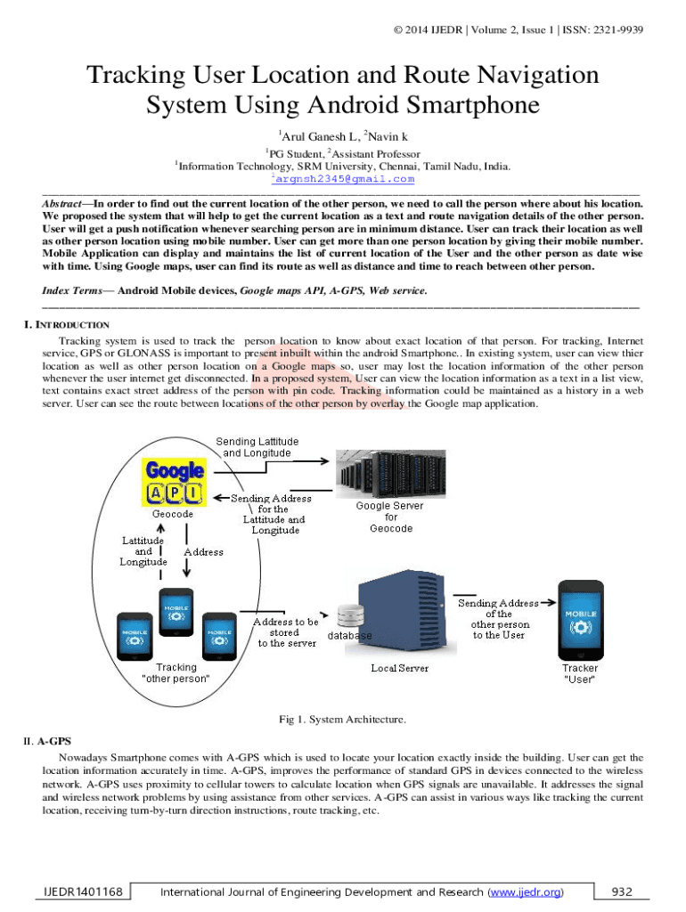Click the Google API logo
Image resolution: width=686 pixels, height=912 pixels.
tap(176, 481)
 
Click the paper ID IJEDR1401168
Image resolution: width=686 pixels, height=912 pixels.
tap(80, 892)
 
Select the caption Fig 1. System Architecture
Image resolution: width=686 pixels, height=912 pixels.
tap(343, 719)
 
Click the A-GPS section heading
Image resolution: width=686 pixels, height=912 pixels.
tap(53, 740)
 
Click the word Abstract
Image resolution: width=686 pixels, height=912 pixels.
tap(62, 203)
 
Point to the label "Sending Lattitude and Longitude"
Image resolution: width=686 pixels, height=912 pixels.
tap(258, 447)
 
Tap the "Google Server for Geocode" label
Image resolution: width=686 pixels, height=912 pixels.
tap(390, 517)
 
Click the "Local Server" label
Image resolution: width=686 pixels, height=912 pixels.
tap(398, 668)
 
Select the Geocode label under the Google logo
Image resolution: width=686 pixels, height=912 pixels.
tap(173, 514)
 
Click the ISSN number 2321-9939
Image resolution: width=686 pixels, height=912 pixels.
tap(615, 30)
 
